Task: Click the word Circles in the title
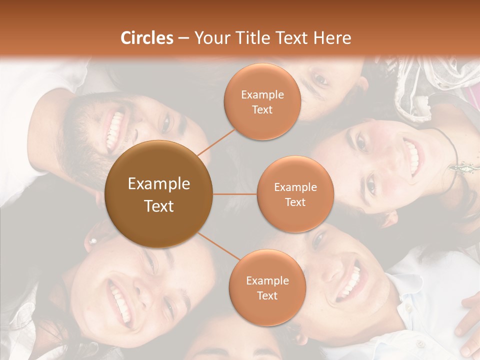pyautogui.click(x=147, y=38)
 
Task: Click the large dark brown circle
pyautogui.click(x=158, y=194)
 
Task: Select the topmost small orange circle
pyautogui.click(x=262, y=101)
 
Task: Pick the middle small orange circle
pyautogui.click(x=295, y=194)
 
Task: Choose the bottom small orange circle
pyautogui.click(x=267, y=287)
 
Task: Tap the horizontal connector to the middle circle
pyautogui.click(x=234, y=194)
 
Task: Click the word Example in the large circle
pyautogui.click(x=159, y=183)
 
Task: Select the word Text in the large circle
pyautogui.click(x=159, y=205)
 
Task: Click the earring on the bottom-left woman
pyautogui.click(x=92, y=241)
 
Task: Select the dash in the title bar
pyautogui.click(x=183, y=38)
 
